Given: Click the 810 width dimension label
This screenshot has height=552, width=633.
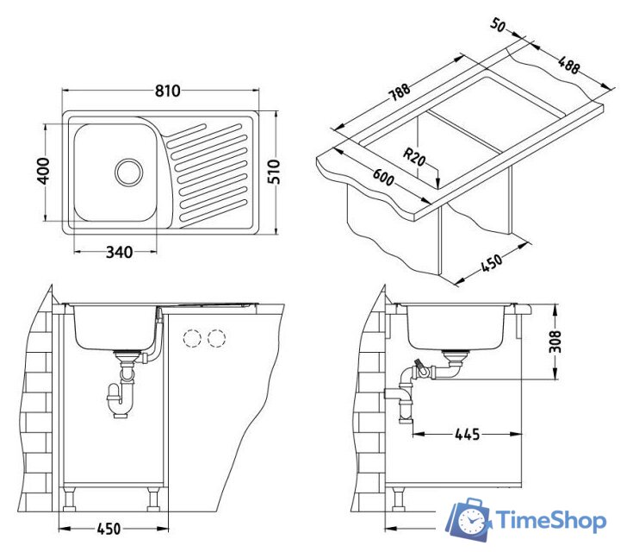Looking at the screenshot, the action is click(168, 91).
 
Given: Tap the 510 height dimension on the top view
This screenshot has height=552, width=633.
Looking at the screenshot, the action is click(274, 172).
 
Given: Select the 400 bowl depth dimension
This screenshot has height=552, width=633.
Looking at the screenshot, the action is click(43, 171).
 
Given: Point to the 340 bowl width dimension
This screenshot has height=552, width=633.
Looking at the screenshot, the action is click(119, 253).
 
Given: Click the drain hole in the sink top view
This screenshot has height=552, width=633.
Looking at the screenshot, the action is click(129, 172).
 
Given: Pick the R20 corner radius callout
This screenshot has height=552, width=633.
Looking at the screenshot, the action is click(414, 157).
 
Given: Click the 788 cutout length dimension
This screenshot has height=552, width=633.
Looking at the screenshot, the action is click(400, 93).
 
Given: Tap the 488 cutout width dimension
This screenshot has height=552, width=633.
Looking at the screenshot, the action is click(568, 65).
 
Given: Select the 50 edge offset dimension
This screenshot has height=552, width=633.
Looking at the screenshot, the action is click(498, 25).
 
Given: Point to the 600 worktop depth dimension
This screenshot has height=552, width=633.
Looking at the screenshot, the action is click(382, 178).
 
